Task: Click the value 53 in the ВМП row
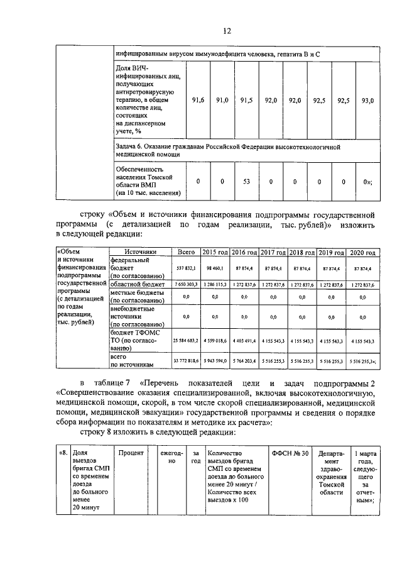coord(247,182)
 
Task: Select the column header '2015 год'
coord(215,251)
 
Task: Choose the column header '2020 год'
coord(364,251)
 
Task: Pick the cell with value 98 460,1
coord(215,268)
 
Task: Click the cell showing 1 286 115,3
coord(215,285)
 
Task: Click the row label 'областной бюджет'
coord(139,285)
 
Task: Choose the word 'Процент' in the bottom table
coord(131,453)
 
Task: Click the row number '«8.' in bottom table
coord(63,453)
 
